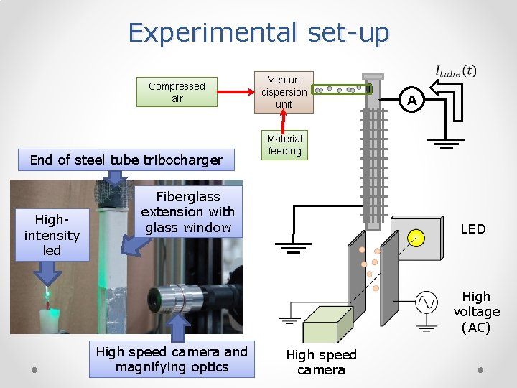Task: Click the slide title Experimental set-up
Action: (x=258, y=33)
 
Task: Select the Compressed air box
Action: (x=177, y=92)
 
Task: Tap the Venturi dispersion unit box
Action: (x=284, y=92)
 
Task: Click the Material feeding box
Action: (x=284, y=144)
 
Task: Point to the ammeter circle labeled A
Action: (x=411, y=101)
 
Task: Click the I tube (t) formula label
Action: (x=455, y=70)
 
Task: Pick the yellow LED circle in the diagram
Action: (x=415, y=238)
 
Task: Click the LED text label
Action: (x=472, y=229)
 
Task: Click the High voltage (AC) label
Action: (x=476, y=312)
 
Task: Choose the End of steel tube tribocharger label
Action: (x=126, y=160)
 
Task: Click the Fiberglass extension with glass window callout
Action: (x=187, y=212)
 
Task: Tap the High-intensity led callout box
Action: (x=52, y=235)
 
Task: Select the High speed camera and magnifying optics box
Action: (x=172, y=359)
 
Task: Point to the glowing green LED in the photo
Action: (x=47, y=294)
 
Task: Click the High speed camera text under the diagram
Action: (x=321, y=362)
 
